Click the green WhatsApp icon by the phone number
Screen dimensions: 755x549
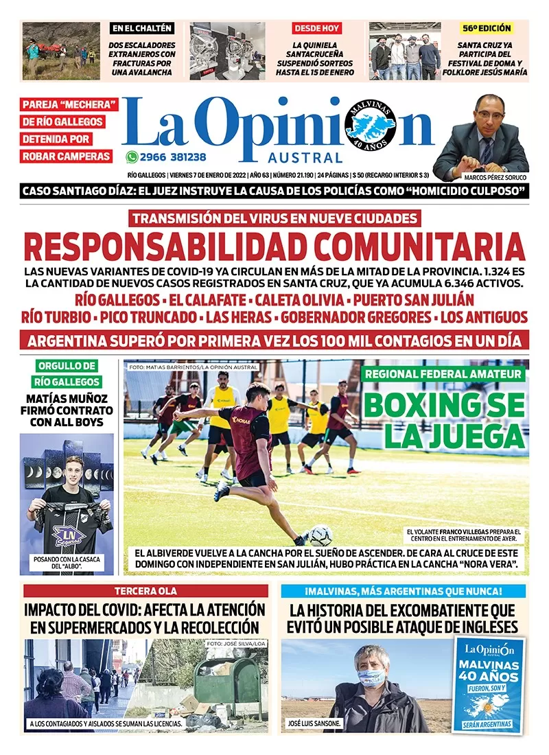[x=132, y=156]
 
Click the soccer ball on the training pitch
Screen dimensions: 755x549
[x=320, y=535]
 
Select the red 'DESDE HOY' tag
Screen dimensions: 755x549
[x=317, y=28]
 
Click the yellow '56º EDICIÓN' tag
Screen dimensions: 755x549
[x=487, y=28]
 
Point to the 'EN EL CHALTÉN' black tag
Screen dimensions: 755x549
[x=142, y=28]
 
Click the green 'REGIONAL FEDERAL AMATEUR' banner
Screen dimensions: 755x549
[x=445, y=374]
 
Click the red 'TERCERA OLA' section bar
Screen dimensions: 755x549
[x=145, y=591]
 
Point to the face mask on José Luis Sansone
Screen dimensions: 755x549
[x=371, y=677]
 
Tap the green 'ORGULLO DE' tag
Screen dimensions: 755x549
[x=67, y=366]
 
